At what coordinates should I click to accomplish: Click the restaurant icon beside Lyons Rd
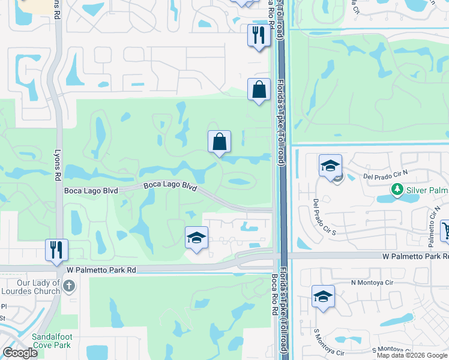[57, 250]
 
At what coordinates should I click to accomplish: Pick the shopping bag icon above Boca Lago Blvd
[219, 142]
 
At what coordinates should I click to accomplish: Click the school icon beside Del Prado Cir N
[330, 166]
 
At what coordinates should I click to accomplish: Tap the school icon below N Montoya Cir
[323, 296]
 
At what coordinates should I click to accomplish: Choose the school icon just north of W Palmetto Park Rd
[196, 238]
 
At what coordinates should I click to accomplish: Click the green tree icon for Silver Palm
[396, 190]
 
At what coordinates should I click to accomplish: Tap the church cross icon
[69, 286]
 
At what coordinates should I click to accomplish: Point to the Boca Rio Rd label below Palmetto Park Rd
[273, 293]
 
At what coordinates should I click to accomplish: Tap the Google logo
[20, 353]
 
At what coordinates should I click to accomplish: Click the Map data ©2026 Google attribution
[411, 355]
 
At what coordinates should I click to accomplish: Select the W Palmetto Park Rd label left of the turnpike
[101, 271]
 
